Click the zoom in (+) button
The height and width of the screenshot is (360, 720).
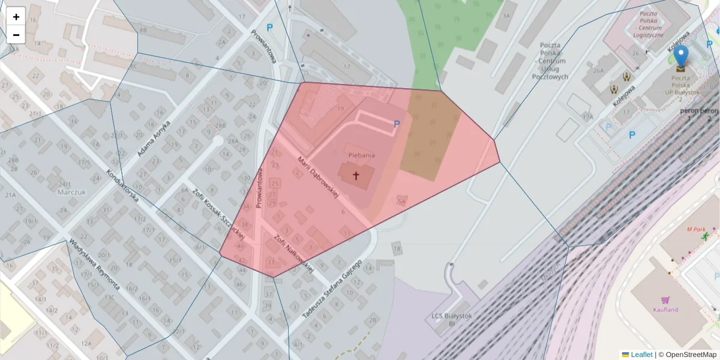16,17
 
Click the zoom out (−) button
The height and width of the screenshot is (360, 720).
16,35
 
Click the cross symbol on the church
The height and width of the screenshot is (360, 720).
356,176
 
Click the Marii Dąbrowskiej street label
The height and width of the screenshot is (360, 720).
319,177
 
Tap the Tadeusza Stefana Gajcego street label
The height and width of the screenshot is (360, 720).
331,289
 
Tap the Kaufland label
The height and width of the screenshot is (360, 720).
665,310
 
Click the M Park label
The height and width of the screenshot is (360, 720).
697,229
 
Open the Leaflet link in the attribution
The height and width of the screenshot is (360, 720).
641,355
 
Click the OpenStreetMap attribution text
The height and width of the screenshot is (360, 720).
691,355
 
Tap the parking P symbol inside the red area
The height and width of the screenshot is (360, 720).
397,124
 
